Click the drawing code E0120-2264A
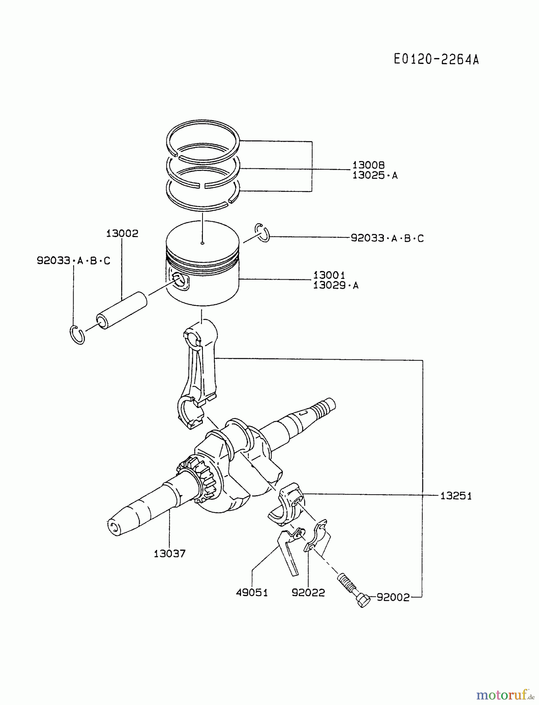436,60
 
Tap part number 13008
368,165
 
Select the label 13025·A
374,175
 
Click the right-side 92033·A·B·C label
387,238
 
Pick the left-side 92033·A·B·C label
74,260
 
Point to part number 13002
122,233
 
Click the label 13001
329,275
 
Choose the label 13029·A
336,285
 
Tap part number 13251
456,496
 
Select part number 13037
169,553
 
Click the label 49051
252,593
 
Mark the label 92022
308,593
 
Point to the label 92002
393,597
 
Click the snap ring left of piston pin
78,334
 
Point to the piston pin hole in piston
180,280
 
